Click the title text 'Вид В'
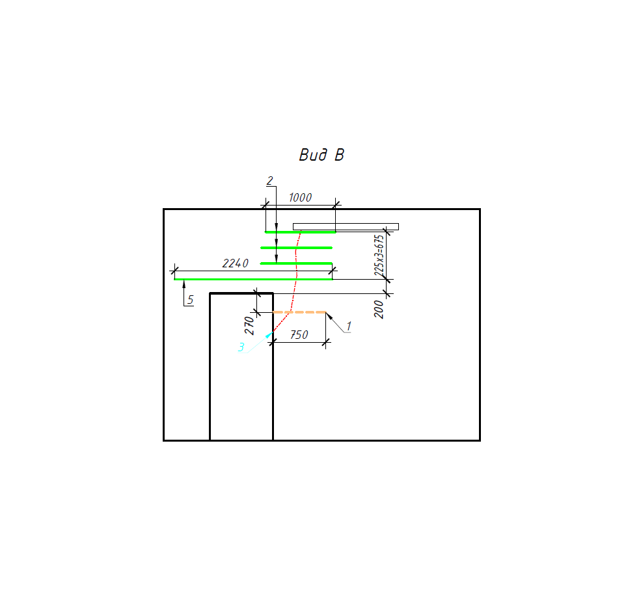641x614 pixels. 321,155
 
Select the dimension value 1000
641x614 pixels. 300,198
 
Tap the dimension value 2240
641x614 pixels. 236,263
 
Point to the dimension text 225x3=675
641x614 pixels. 379,255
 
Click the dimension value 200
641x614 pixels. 379,309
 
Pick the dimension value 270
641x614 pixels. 249,326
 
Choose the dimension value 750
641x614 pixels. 299,335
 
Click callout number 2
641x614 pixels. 269,181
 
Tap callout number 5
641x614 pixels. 190,300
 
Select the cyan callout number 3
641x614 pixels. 241,347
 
